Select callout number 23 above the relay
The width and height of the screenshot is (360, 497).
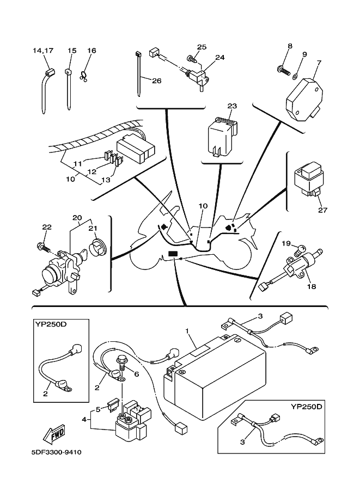click(x=232, y=106)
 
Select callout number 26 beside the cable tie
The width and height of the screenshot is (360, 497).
click(x=156, y=81)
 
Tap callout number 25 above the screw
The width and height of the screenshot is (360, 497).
click(x=201, y=47)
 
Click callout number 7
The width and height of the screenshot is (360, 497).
click(x=319, y=62)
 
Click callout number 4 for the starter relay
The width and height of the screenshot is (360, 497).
click(x=84, y=420)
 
